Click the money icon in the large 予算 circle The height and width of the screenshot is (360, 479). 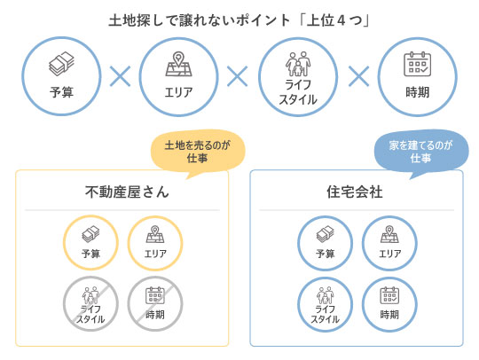coord(61,64)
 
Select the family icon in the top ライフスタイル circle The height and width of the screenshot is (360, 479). coord(298,64)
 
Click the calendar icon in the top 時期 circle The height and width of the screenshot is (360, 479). coord(417,64)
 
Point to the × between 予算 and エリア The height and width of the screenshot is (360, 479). coord(120,76)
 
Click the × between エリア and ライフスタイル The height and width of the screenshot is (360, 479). coord(238,76)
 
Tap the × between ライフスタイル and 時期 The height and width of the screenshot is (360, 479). coord(358,76)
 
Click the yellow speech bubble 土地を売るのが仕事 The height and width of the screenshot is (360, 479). coord(198,152)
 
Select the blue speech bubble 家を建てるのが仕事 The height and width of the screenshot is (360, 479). coord(421,152)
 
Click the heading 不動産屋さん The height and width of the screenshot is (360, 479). coord(127,192)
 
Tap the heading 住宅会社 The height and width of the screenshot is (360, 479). coord(355,192)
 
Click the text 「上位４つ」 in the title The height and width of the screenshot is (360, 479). coord(334,20)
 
